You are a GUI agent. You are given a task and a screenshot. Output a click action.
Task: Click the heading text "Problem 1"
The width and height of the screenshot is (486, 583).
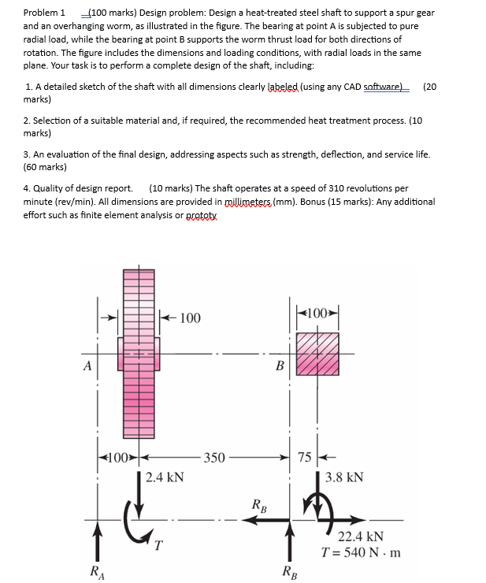(44, 13)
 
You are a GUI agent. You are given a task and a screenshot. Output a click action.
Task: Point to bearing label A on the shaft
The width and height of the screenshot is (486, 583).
(87, 364)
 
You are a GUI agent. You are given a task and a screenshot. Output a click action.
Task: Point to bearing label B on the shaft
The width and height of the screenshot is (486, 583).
(279, 365)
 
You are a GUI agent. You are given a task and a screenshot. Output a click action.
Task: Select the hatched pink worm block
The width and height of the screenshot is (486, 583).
(317, 354)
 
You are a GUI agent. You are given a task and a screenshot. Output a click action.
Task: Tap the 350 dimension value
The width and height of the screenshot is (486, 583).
(213, 457)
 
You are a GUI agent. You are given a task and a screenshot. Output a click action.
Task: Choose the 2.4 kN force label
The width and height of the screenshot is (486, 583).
(165, 476)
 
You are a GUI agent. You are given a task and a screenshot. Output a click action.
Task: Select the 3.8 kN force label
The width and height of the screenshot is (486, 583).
(344, 477)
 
